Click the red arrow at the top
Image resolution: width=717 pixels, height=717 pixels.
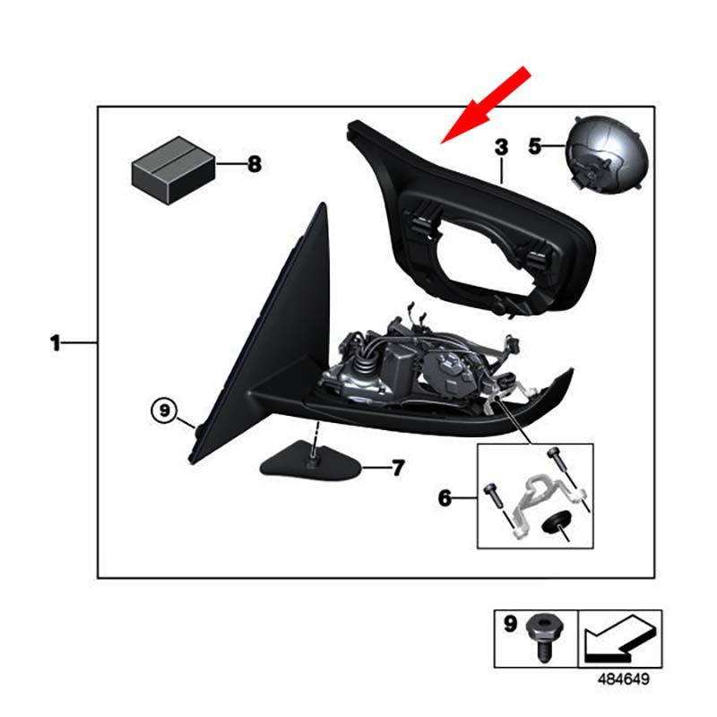(x=486, y=105)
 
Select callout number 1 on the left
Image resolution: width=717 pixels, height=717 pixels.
(x=56, y=343)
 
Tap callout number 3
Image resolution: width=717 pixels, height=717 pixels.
(x=502, y=147)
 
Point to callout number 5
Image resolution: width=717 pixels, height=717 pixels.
(x=534, y=146)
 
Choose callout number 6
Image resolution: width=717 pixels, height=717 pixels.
(x=445, y=497)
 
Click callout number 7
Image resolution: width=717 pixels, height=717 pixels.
(x=398, y=468)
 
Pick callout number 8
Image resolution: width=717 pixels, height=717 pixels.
(x=255, y=164)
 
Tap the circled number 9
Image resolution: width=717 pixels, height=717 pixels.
(x=164, y=410)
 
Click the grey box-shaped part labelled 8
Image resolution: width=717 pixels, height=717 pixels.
(x=173, y=170)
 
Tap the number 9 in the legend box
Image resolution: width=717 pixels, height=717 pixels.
(x=510, y=623)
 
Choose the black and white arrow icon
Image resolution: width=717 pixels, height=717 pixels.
(x=620, y=638)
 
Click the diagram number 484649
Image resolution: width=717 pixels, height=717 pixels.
(x=623, y=679)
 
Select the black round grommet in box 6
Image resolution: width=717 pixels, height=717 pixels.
(x=552, y=523)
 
